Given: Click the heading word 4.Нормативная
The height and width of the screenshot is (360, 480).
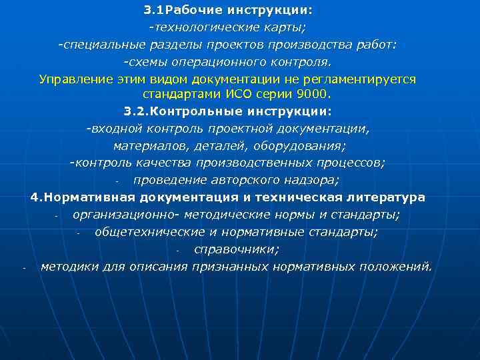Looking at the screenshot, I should click(x=83, y=198).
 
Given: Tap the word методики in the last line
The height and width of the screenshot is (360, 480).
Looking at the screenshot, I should click(x=68, y=267).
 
